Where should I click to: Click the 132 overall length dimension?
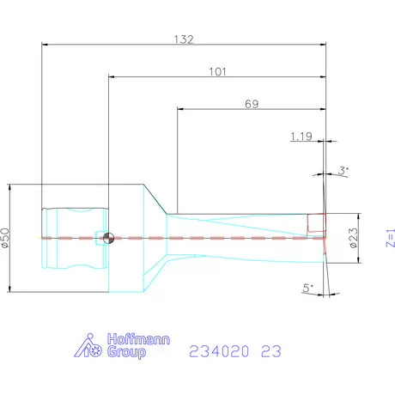coord(184,39)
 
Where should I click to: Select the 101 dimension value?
coord(217,72)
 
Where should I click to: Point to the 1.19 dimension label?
coord(301,136)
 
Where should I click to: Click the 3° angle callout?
coord(343,172)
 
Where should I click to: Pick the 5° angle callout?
coord(308,289)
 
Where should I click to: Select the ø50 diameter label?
coord(5,238)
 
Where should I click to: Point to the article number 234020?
coord(220,351)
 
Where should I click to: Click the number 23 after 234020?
coord(270,351)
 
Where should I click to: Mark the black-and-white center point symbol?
coord(107,239)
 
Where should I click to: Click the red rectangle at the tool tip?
coord(317,224)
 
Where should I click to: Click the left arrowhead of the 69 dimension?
coord(180,109)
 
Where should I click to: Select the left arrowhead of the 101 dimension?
coord(112,77)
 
